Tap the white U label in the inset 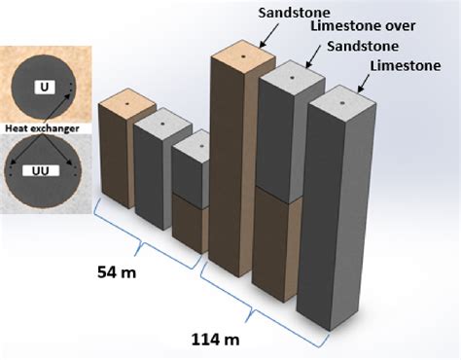point(45,88)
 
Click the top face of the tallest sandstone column point(244,56)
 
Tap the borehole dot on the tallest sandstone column point(244,56)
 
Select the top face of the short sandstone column point(127,100)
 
